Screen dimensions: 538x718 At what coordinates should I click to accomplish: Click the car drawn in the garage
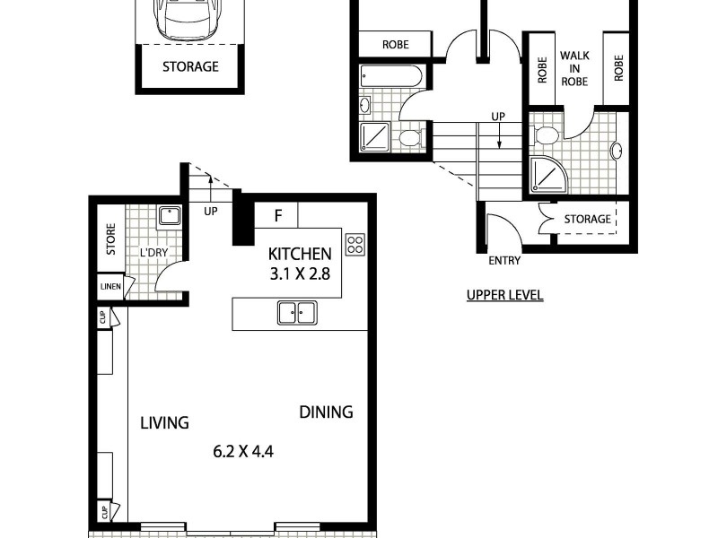tap(189, 20)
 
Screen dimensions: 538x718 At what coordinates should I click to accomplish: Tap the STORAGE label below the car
tap(190, 66)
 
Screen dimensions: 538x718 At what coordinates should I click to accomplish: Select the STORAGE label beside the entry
tap(587, 219)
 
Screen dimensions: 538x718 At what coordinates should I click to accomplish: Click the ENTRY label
tap(504, 261)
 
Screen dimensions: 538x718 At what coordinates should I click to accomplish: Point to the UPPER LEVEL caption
tap(504, 295)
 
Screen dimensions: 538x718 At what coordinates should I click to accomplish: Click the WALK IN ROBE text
tap(574, 67)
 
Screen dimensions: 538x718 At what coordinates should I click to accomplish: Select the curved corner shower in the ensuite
tap(547, 176)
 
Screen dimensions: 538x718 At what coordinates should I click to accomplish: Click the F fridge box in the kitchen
tap(277, 215)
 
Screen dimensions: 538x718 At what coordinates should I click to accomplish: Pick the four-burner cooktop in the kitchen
tap(355, 244)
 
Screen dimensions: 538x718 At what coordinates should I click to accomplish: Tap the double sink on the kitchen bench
tap(297, 313)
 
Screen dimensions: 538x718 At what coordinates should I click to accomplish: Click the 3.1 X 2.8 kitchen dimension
tap(300, 274)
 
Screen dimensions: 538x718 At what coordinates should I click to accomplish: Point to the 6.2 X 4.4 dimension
tap(242, 451)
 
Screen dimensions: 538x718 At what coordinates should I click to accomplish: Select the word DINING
tap(326, 412)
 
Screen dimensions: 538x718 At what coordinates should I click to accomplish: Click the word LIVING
tap(164, 422)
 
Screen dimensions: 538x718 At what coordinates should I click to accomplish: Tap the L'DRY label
tap(153, 253)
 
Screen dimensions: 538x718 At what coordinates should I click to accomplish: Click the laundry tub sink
tap(169, 215)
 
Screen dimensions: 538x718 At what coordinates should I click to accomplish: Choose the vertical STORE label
tap(111, 239)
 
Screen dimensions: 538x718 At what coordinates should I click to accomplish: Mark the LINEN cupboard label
tap(109, 287)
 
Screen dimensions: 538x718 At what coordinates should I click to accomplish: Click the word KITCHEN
tap(300, 255)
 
